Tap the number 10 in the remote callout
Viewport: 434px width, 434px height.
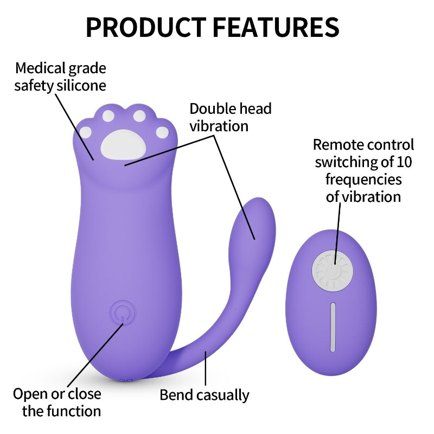[404, 162]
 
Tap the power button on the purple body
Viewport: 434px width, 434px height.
[120, 314]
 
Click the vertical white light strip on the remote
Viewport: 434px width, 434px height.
[333, 327]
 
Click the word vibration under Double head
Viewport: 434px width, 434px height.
[219, 126]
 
